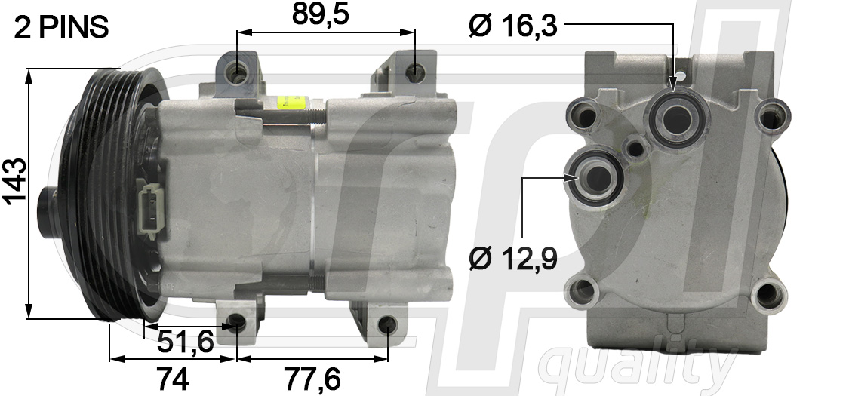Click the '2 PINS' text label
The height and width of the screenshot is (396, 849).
tap(62, 28)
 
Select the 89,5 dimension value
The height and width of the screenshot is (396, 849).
tap(321, 15)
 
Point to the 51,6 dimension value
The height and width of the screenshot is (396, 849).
tap(186, 343)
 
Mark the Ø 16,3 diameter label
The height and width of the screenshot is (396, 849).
tap(512, 26)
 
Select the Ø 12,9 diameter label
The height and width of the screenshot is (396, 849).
tap(512, 259)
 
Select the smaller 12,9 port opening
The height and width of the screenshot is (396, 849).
tap(595, 177)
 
